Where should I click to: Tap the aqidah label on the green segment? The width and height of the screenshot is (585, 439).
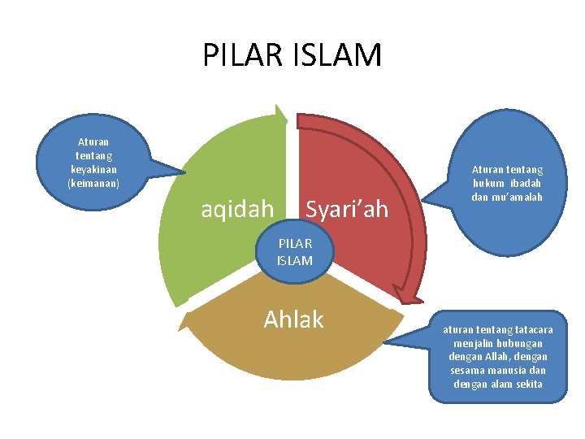237,210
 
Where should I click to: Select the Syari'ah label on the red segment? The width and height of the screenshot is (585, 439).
348,210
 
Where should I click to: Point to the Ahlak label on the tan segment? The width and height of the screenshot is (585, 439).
293,320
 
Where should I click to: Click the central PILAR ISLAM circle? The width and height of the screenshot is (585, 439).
294,252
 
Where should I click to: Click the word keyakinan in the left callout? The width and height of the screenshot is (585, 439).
93,169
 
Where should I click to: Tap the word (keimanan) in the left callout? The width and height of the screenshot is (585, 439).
93,183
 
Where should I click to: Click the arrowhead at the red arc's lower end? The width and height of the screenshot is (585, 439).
398,290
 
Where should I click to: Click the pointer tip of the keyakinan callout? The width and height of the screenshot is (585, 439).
185,172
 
